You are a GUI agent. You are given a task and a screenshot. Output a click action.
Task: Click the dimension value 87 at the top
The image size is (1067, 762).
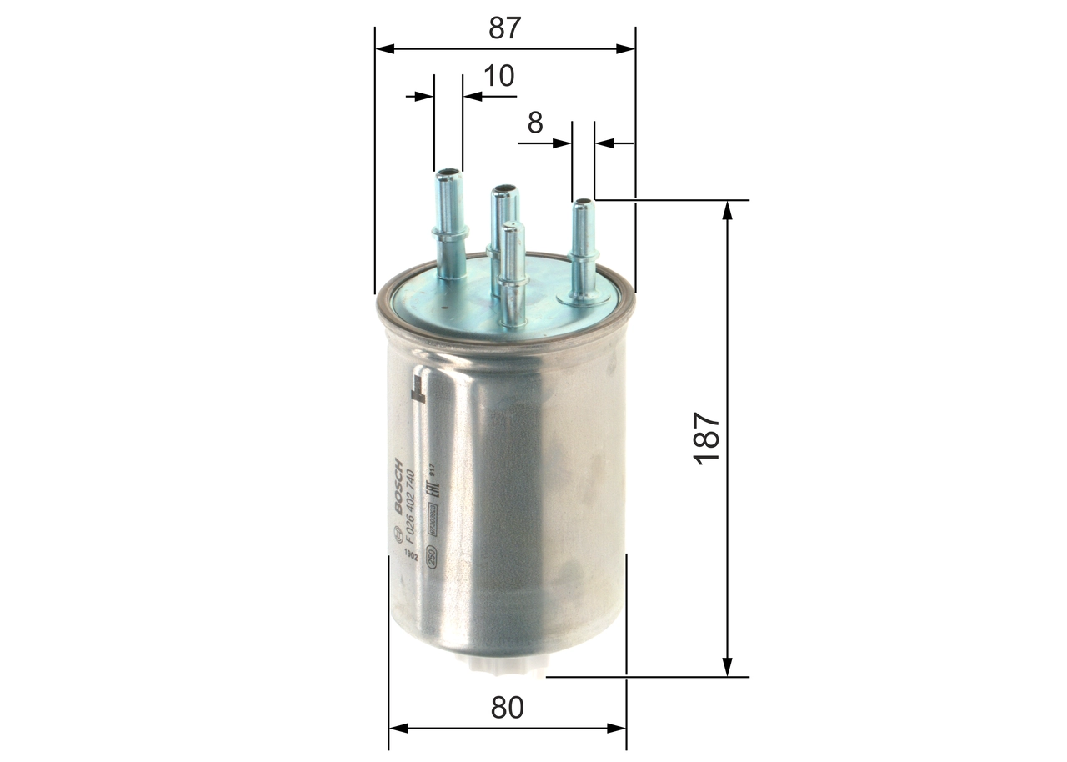click(504, 28)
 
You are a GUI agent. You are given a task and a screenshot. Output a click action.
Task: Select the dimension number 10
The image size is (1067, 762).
click(499, 76)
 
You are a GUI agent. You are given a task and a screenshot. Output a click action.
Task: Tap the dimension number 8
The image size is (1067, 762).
click(534, 123)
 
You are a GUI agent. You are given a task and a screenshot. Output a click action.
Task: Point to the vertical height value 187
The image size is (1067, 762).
click(707, 439)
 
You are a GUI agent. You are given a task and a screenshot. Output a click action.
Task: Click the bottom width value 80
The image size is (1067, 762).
click(507, 708)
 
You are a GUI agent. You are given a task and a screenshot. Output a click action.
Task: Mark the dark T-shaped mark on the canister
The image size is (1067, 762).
click(418, 388)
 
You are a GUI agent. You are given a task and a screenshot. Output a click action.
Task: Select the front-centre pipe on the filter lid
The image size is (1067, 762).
click(512, 275)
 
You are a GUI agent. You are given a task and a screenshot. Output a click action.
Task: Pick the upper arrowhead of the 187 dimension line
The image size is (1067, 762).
click(728, 209)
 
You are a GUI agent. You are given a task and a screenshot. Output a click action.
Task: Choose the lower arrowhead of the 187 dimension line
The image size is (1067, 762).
click(728, 667)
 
